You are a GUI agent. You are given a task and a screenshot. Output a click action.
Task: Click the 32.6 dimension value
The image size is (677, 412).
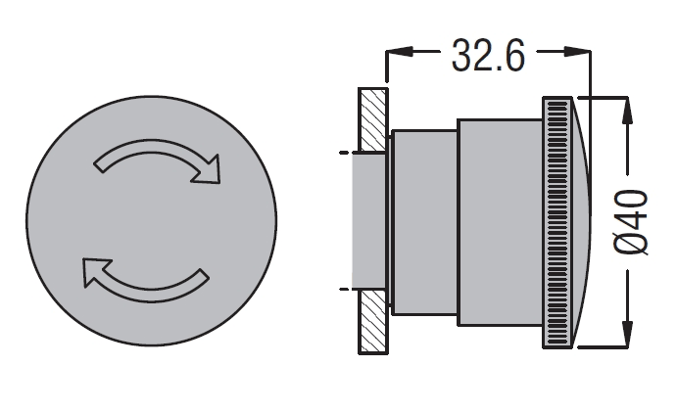pos(488,55)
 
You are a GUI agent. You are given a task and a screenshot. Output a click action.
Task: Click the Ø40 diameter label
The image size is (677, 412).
pos(631,222)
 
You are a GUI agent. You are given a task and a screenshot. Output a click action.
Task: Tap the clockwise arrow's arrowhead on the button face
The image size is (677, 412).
pos(208,170)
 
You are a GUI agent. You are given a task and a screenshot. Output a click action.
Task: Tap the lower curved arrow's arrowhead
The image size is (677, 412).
pos(95,271)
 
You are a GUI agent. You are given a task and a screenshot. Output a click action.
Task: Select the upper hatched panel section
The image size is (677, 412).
pos(373,119)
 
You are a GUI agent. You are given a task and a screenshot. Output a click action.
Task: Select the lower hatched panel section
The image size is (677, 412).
pos(373,322)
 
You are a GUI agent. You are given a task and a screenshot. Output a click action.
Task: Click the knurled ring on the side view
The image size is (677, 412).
pos(556,222)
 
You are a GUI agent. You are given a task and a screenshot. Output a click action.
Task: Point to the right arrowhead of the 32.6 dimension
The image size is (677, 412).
pos(578,52)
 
